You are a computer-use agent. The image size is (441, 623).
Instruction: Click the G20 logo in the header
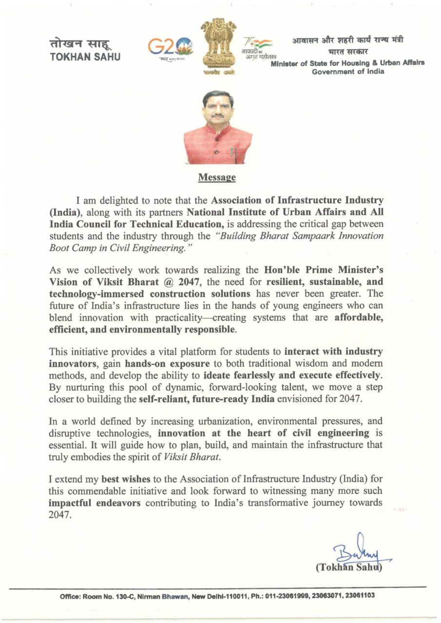pos(171,47)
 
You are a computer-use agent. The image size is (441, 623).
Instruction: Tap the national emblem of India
pos(218,46)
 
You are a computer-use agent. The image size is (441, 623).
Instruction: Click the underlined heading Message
pos(217,177)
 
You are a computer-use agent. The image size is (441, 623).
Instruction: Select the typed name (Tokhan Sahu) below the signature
pos(348,568)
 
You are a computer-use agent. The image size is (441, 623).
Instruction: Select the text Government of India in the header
pos(348,72)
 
